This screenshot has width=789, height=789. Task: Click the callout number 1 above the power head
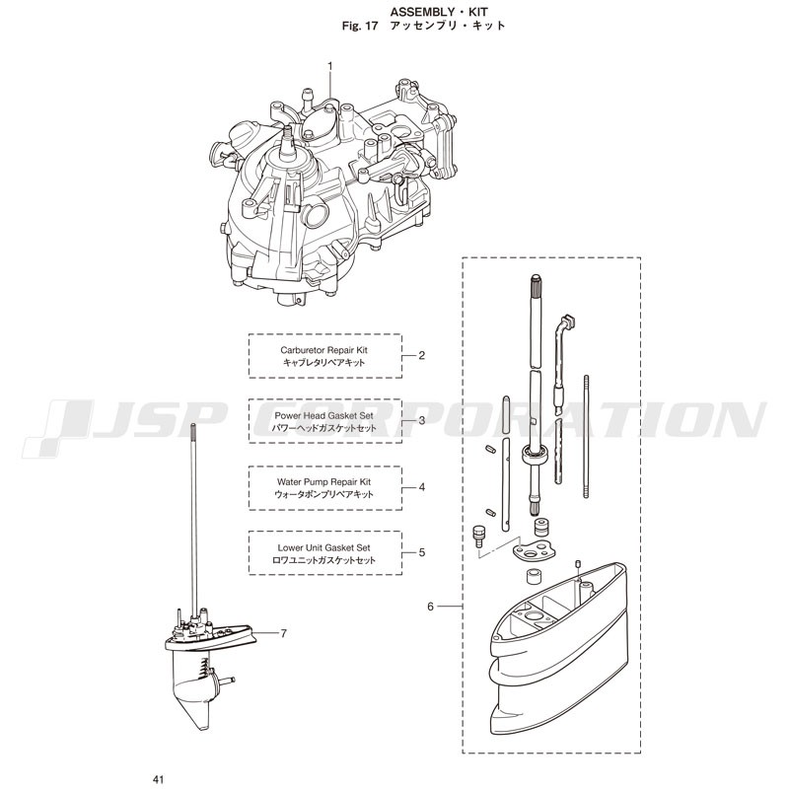pos(330,66)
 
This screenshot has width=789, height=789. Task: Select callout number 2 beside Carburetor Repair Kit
pos(422,355)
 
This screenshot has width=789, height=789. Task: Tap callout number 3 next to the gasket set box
pos(422,420)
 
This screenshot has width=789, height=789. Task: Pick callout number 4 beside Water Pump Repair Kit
pos(422,487)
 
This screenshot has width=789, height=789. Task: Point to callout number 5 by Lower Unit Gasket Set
pos(422,552)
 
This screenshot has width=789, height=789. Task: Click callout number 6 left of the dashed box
pos(430,607)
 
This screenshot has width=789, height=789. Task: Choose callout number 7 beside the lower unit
pos(284,633)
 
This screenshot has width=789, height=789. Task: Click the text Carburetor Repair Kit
pos(324,350)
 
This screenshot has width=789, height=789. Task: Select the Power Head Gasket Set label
pos(324,415)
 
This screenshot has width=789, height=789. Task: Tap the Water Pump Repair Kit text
pos(324,481)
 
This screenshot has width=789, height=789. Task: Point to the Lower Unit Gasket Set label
pos(324,547)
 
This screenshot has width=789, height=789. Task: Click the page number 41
pos(159,780)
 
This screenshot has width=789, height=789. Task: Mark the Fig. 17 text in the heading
pos(360,27)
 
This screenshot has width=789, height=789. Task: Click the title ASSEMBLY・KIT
pos(439,12)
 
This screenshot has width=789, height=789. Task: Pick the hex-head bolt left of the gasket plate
pos(478,536)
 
